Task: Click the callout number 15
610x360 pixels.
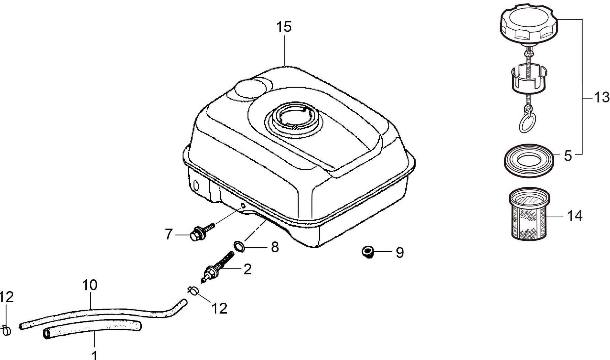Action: tap(284, 27)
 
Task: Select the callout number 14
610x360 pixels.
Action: tap(574, 216)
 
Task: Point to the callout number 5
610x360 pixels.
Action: tap(567, 156)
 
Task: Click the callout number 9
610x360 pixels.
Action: tap(399, 253)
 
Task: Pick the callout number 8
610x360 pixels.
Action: tap(275, 247)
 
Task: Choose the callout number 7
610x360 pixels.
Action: tap(169, 235)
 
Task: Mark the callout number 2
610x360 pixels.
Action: tap(247, 269)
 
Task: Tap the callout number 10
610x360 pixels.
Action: tap(90, 285)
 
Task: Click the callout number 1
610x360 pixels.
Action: tap(95, 355)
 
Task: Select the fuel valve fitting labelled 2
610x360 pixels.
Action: tap(217, 266)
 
